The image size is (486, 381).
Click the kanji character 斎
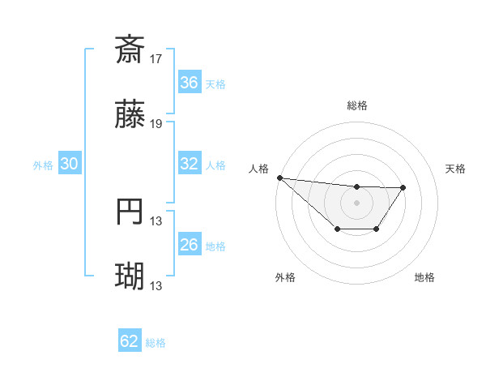[x=130, y=49]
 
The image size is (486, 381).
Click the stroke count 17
[x=157, y=58]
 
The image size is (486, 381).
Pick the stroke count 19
[x=157, y=124]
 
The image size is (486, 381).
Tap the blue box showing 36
[x=190, y=83]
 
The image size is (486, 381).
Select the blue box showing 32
[x=190, y=164]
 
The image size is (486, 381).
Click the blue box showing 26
[x=190, y=245]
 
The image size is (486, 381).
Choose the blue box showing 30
[x=70, y=164]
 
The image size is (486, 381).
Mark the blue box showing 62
[x=130, y=341]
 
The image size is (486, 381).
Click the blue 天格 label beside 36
[x=215, y=83]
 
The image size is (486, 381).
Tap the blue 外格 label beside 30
[x=43, y=165]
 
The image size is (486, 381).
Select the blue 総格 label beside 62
[x=156, y=342]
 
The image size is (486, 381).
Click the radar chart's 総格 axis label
[x=357, y=105]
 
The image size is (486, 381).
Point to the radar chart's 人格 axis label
[x=258, y=168]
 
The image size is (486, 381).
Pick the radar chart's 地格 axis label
[x=424, y=277]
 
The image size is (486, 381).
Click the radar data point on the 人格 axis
[x=279, y=178]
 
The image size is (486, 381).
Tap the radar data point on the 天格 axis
[x=403, y=187]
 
